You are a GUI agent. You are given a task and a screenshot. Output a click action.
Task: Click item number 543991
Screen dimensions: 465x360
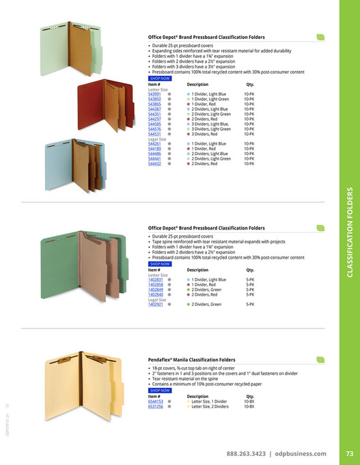pos(154,94)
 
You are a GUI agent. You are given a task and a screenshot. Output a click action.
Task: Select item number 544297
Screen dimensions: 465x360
pos(154,119)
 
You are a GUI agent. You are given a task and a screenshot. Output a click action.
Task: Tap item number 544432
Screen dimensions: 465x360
pos(154,164)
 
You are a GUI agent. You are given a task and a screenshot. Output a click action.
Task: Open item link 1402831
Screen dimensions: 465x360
pos(156,280)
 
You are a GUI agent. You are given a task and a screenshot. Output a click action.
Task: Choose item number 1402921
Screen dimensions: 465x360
pos(156,304)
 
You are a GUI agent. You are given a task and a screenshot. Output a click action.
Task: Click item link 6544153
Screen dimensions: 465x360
pos(156,401)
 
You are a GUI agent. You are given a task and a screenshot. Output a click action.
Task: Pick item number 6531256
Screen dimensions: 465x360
pos(156,406)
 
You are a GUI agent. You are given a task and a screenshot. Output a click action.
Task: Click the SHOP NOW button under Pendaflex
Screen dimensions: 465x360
pos(159,390)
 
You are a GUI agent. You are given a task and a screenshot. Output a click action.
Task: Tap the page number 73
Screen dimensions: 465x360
pos(348,453)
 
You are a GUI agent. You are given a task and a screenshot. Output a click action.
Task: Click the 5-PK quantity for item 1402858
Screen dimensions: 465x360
pos(250,285)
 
